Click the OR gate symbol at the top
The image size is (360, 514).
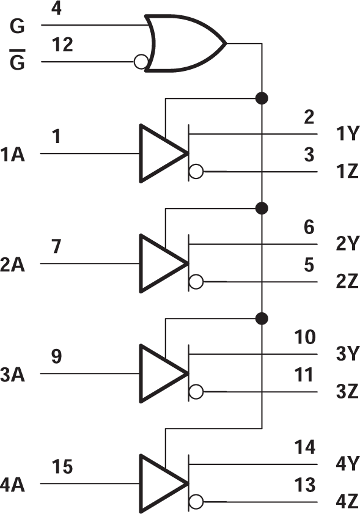click(183, 43)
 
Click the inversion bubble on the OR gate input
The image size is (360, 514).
click(141, 62)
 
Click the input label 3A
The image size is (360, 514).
click(13, 374)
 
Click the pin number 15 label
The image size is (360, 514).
click(61, 467)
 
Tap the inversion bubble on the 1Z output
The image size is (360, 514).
click(196, 172)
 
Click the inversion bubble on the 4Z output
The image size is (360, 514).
click(196, 502)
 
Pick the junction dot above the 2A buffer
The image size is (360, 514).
click(262, 208)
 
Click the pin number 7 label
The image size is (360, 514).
click(57, 247)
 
